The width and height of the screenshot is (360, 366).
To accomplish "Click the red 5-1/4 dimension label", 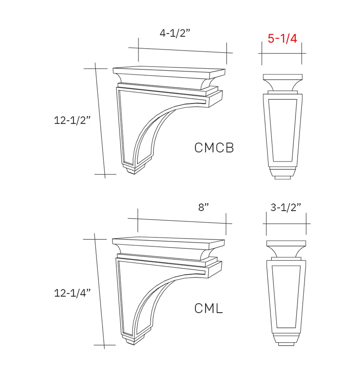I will pyautogui.click(x=282, y=38).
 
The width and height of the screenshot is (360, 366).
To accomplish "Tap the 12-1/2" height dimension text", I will pyautogui.click(x=72, y=120).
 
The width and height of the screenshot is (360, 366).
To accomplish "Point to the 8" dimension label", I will pyautogui.click(x=203, y=207).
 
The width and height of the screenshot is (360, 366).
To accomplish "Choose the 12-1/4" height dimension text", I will pyautogui.click(x=72, y=293).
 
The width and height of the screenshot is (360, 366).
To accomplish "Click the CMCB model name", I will pyautogui.click(x=214, y=148).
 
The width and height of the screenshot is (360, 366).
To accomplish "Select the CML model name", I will pyautogui.click(x=209, y=309).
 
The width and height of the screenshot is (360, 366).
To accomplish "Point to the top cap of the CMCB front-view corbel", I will pyautogui.click(x=283, y=77).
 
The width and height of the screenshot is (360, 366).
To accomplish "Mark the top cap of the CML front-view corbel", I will pyautogui.click(x=286, y=243).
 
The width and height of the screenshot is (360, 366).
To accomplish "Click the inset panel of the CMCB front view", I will pyautogui.click(x=283, y=130).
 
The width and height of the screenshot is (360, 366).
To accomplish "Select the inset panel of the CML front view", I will pyautogui.click(x=286, y=296).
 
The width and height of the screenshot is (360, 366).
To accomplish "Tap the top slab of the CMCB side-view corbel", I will pyautogui.click(x=168, y=71).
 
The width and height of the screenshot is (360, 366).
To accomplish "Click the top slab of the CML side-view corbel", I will pyautogui.click(x=168, y=243).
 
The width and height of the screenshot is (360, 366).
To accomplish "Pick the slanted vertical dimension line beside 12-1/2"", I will pyautogui.click(x=100, y=120).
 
